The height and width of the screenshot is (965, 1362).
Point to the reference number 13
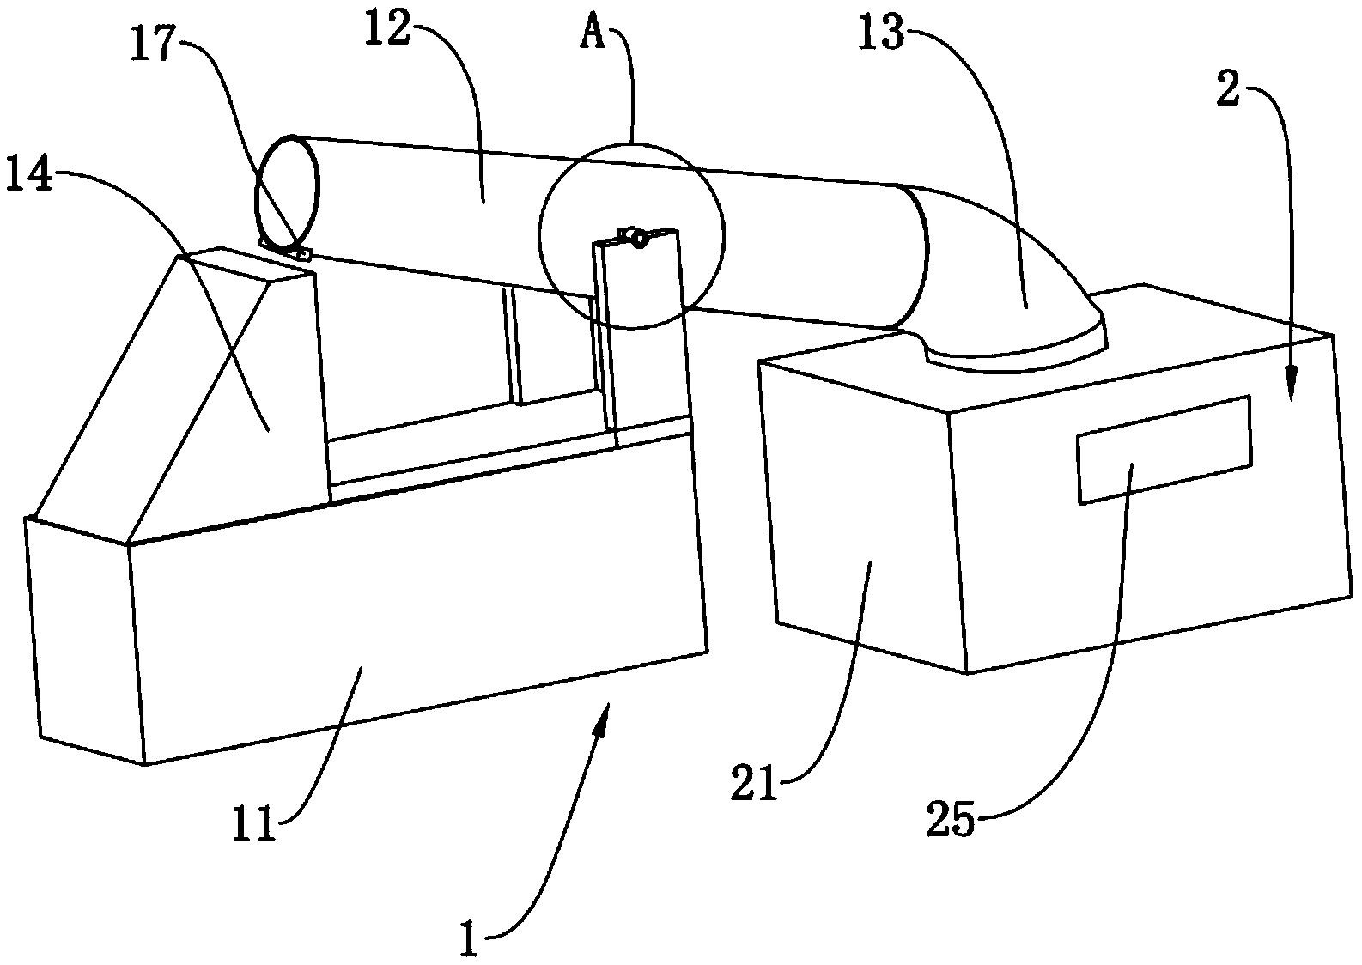pos(881,33)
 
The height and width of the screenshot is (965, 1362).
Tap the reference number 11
pos(255,825)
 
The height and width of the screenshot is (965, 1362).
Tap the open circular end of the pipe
pos(286,192)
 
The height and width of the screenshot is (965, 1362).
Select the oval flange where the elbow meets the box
pos(1014,349)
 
